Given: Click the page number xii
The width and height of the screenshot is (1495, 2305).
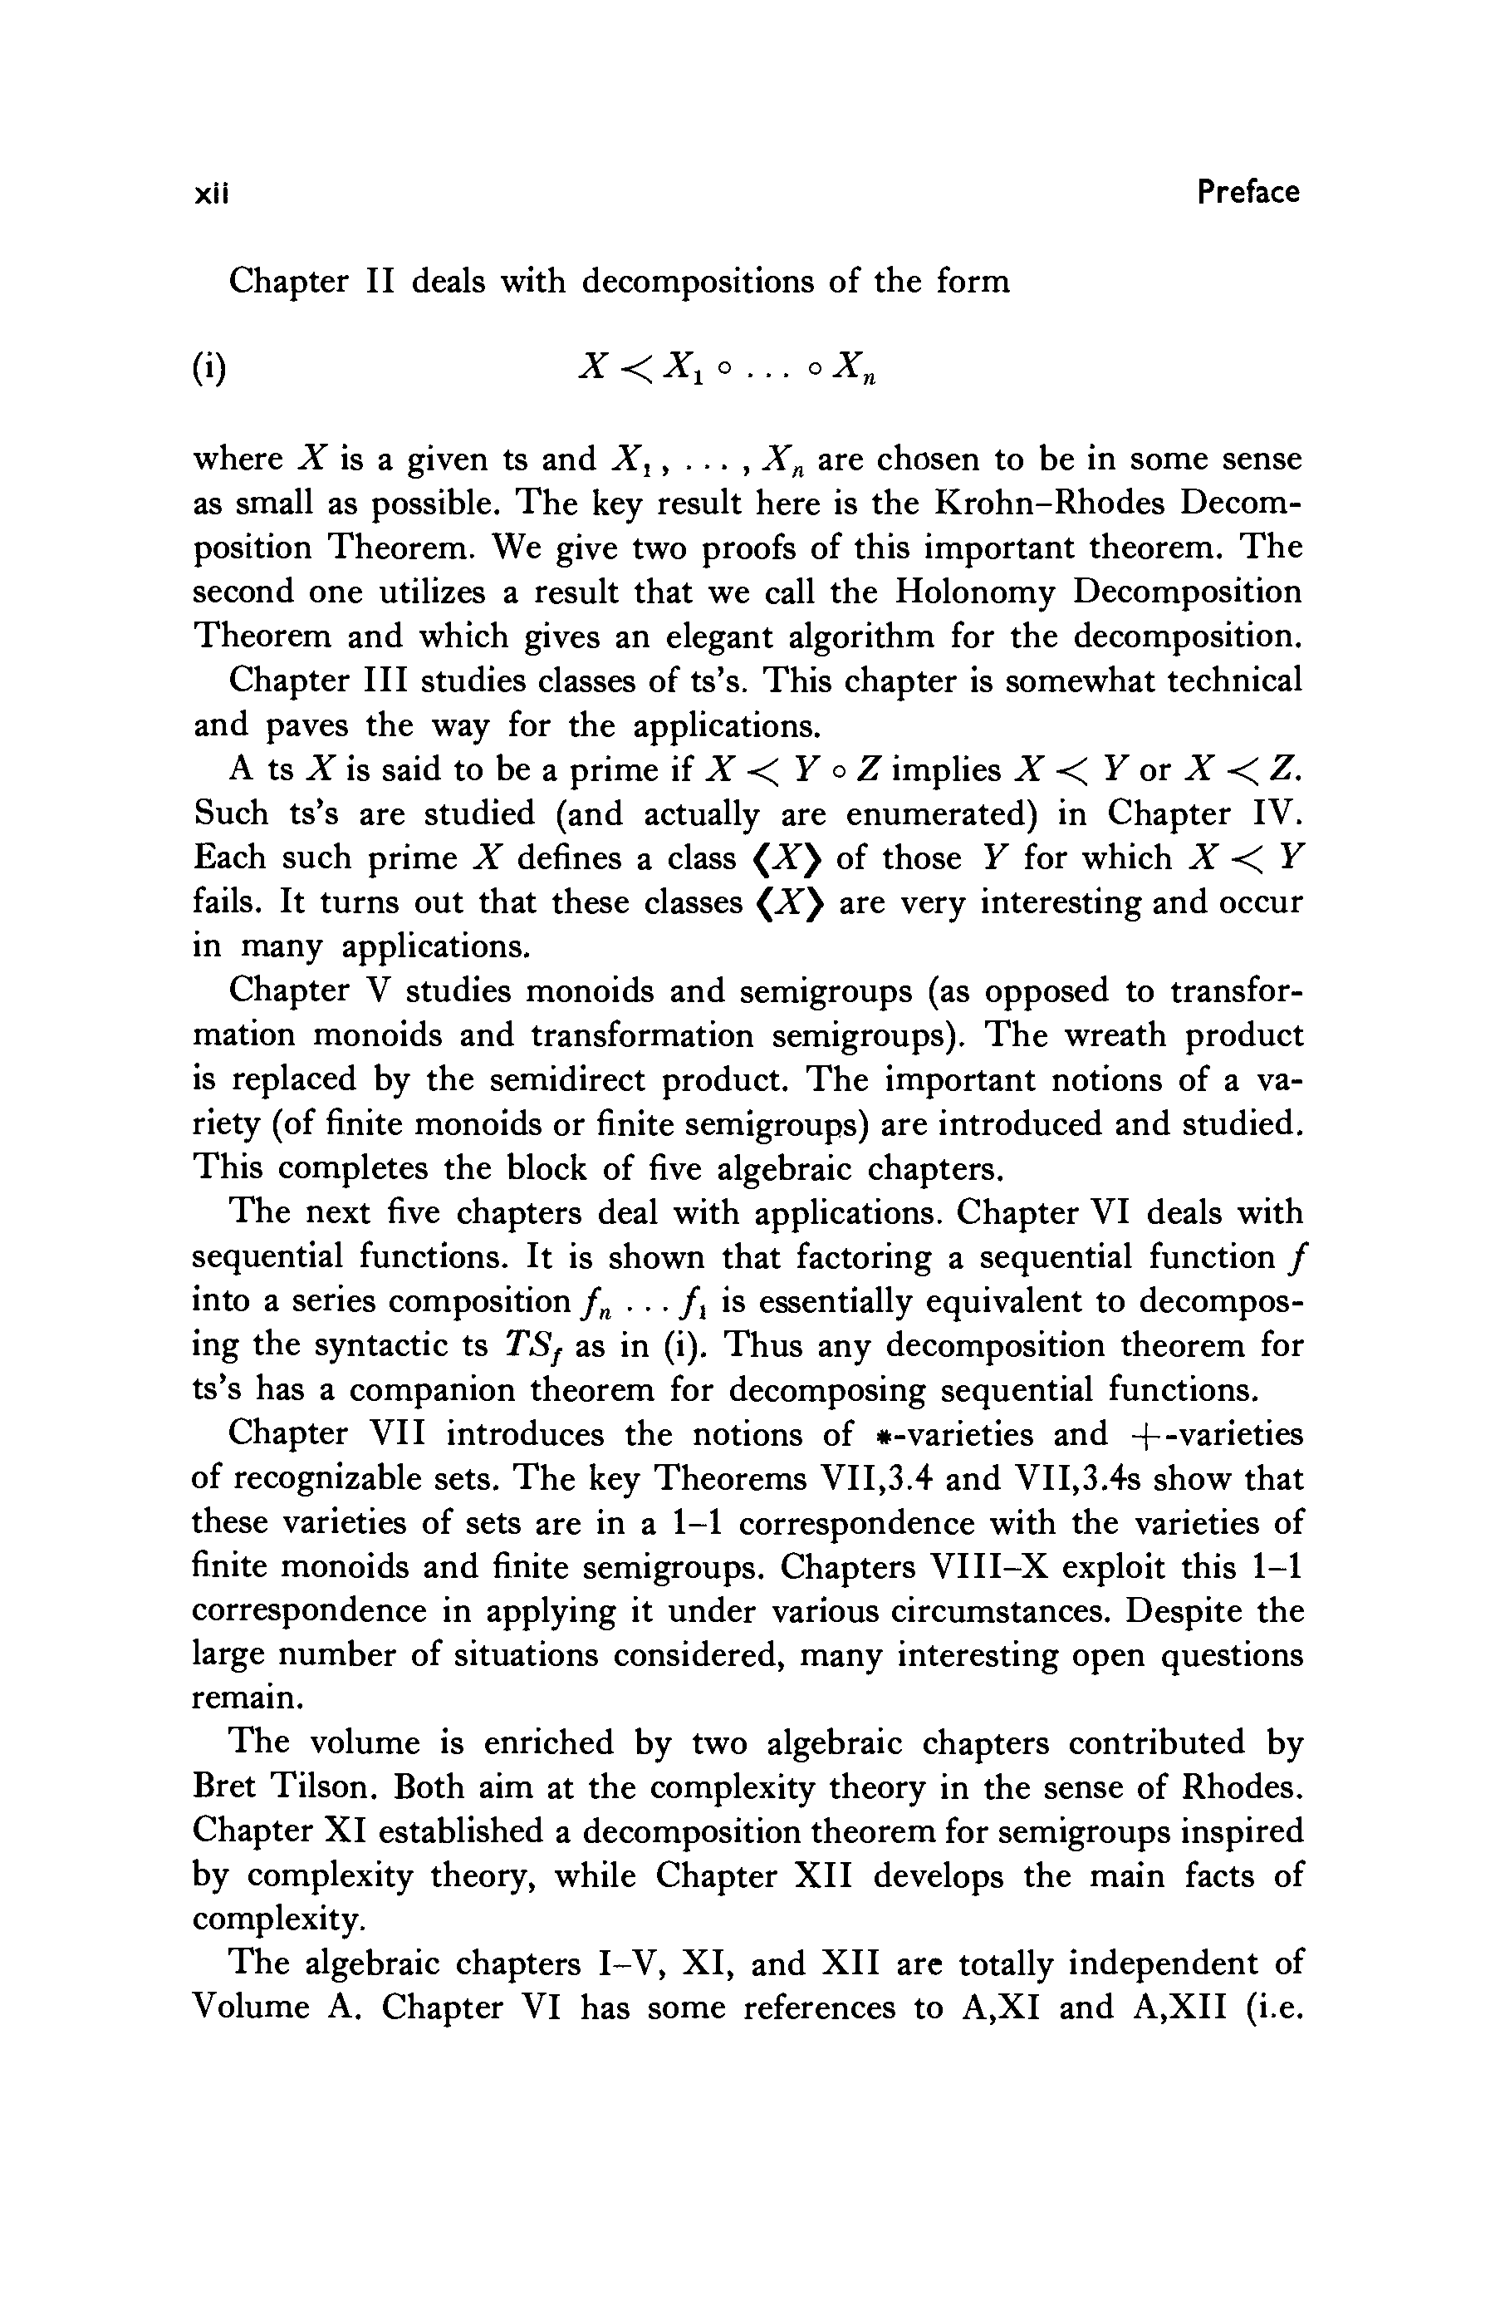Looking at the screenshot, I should tap(210, 194).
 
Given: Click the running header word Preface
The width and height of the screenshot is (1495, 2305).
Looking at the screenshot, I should tap(1247, 192).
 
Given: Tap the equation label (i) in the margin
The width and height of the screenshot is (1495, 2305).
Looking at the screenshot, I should tap(209, 369).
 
